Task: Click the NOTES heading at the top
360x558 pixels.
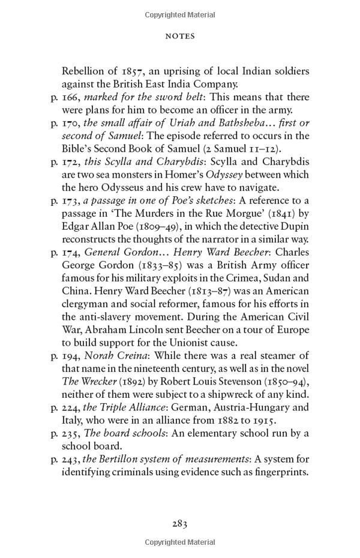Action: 180,37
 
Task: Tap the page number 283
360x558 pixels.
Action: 180,524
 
